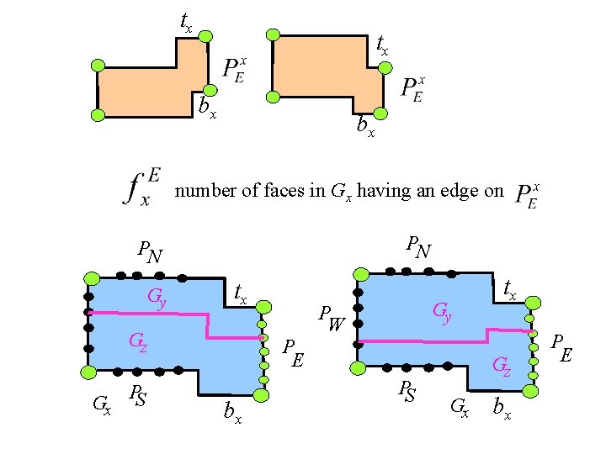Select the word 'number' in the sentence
point(202,191)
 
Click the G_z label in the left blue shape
point(139,342)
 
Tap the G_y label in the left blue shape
point(157,296)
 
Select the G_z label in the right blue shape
point(502,365)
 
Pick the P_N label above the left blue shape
point(151,251)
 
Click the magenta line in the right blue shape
point(421,341)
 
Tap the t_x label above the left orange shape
point(186,21)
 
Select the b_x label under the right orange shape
point(365,127)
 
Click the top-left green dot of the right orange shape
point(272,34)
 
